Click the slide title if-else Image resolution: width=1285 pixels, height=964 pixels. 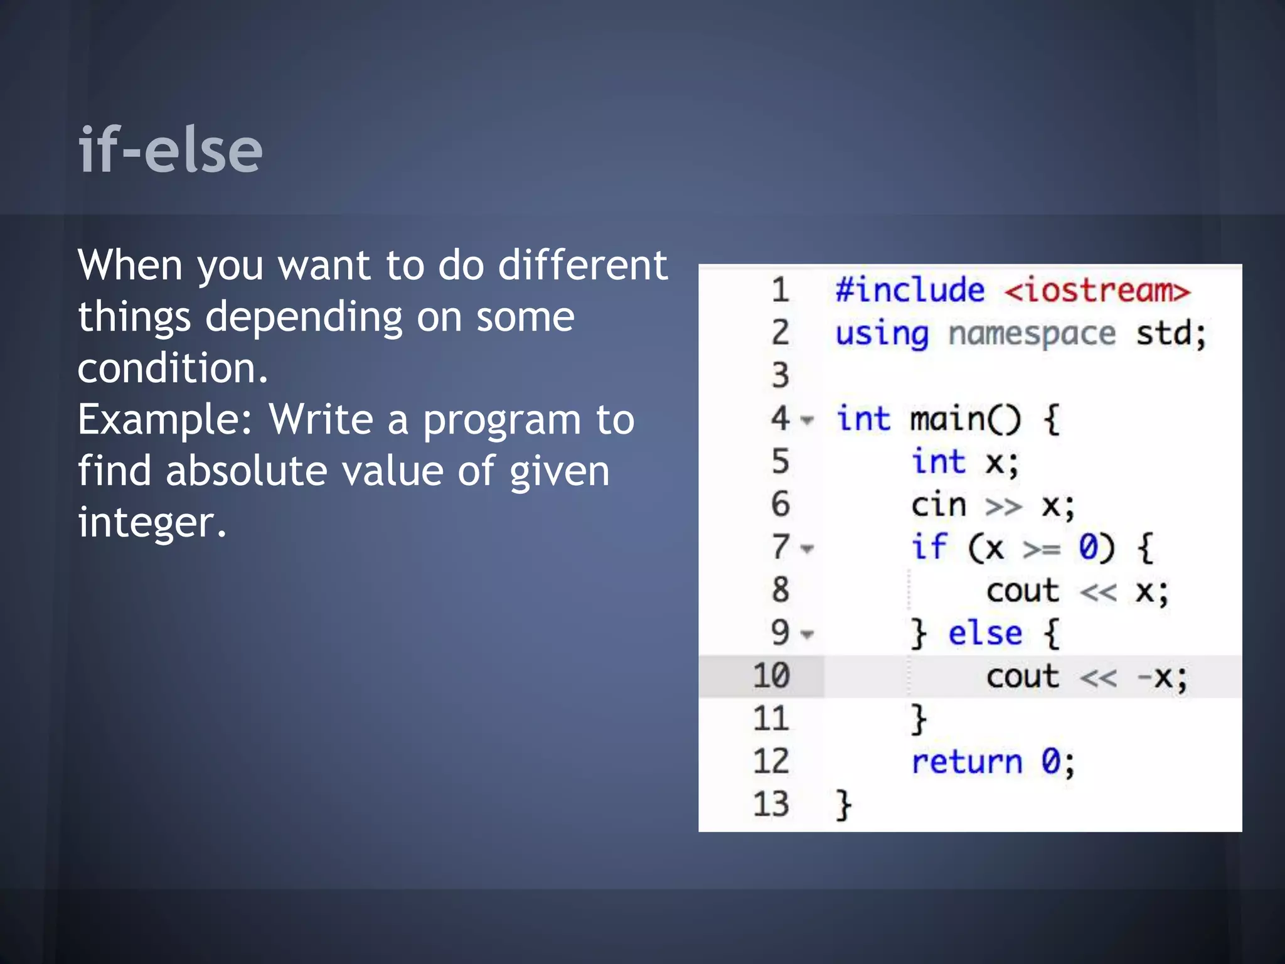(x=170, y=150)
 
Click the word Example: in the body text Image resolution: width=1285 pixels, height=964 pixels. (x=164, y=419)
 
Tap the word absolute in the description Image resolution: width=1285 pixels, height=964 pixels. (x=246, y=471)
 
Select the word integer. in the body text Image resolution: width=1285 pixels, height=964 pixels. (x=151, y=522)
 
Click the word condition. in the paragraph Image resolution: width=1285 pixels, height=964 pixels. (x=173, y=368)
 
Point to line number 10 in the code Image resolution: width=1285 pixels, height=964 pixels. (x=771, y=676)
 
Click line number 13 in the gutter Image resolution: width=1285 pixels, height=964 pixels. (x=771, y=804)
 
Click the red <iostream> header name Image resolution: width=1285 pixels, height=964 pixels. (x=1097, y=291)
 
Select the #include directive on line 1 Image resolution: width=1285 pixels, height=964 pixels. (x=910, y=291)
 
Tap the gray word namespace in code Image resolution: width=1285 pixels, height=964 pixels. (x=1032, y=333)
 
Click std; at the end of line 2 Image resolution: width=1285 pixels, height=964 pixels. (x=1171, y=333)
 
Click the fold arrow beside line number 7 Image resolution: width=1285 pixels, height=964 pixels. (x=808, y=549)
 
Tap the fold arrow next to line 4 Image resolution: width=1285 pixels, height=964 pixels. (x=808, y=420)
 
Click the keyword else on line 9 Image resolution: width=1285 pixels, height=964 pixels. (x=985, y=633)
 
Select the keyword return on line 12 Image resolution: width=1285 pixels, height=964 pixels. (x=966, y=762)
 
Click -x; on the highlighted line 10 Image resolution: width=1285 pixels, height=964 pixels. (x=1162, y=677)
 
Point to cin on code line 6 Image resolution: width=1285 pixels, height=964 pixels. (x=939, y=505)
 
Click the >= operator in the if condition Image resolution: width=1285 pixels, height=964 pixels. (x=1042, y=549)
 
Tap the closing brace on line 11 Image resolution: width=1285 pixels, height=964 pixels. (x=919, y=719)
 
